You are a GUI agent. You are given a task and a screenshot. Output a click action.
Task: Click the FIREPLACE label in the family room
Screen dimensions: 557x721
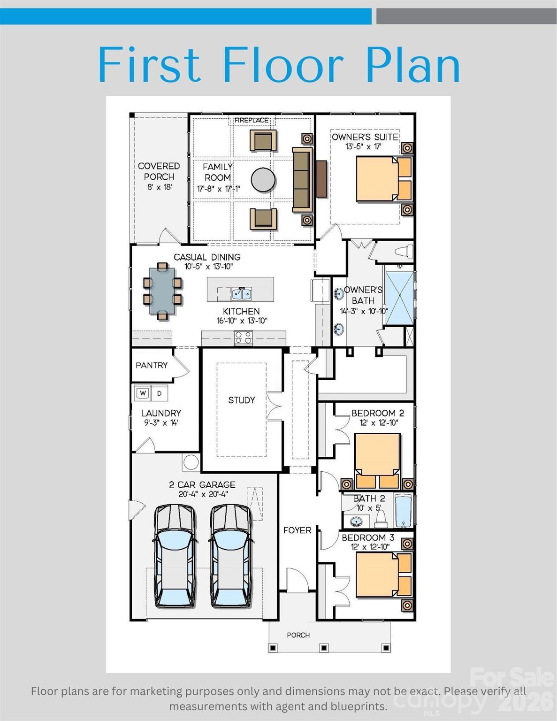click(252, 120)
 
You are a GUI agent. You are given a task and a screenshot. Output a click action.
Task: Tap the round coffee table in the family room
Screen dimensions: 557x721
click(263, 180)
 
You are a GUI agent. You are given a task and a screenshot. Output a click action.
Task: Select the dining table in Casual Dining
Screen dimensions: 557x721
click(162, 291)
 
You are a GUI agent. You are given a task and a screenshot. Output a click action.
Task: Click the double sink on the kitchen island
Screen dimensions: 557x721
click(241, 293)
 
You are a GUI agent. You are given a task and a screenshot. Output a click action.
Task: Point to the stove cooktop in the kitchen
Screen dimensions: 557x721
click(244, 338)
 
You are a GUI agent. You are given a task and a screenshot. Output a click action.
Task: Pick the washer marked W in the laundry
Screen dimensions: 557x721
click(143, 393)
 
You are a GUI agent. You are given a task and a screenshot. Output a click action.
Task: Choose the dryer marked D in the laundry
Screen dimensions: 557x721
click(160, 393)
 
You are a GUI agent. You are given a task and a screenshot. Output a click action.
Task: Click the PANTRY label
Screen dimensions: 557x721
click(152, 365)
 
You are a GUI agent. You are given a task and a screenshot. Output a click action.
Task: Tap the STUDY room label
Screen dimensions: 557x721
click(241, 400)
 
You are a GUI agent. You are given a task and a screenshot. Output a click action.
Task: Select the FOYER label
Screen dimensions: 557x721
click(297, 530)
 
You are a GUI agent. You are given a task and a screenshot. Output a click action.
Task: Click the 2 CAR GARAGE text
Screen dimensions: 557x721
click(202, 485)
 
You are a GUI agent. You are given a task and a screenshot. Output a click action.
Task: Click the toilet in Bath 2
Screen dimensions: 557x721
click(381, 519)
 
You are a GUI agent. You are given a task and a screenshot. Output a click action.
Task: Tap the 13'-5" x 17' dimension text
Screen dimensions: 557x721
click(364, 146)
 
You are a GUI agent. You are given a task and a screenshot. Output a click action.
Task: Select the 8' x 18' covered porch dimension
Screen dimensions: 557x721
click(160, 187)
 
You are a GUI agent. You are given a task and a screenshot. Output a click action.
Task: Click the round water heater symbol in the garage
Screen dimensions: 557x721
click(191, 462)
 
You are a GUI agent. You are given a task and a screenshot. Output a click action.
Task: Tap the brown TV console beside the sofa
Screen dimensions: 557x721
click(321, 179)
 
